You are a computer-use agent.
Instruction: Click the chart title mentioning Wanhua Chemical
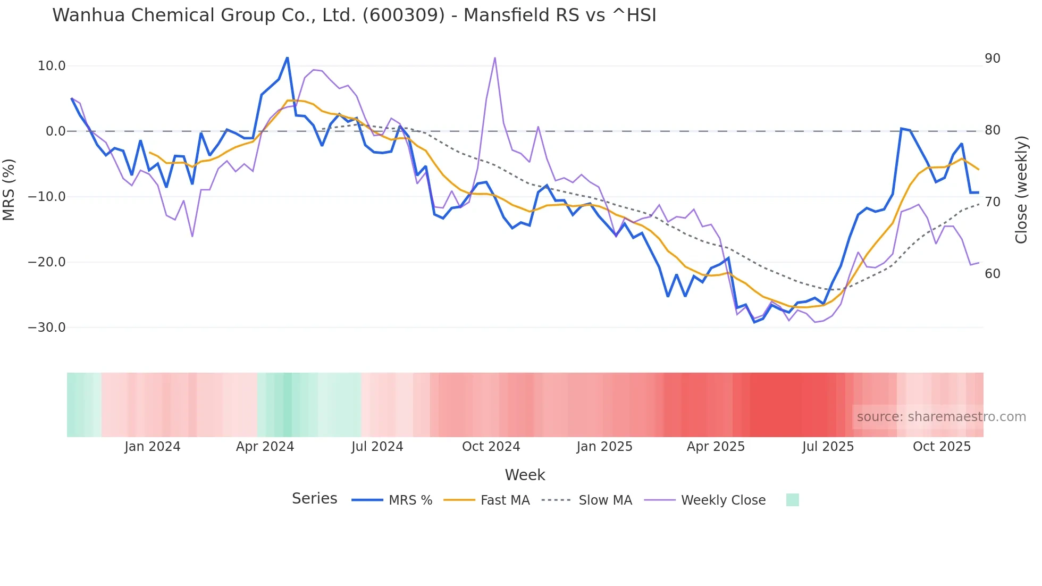point(354,15)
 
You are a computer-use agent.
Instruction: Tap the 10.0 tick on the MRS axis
point(52,66)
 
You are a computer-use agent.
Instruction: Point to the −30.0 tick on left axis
point(47,328)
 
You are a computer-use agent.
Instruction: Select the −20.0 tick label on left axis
point(47,262)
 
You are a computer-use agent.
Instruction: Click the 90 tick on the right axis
point(993,58)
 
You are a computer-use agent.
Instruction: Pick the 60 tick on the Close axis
point(993,274)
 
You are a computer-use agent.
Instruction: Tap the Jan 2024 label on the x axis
point(153,447)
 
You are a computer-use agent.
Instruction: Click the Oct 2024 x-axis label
point(491,447)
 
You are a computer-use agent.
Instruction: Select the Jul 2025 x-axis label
point(828,447)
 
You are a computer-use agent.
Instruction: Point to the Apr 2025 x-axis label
point(716,447)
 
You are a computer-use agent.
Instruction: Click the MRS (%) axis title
point(9,189)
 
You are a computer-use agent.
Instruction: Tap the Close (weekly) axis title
point(1021,189)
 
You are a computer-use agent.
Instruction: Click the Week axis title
point(525,475)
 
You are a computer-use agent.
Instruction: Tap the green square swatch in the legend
point(792,500)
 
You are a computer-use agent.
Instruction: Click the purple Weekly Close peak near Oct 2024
point(495,58)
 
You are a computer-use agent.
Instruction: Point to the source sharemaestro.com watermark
point(941,417)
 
